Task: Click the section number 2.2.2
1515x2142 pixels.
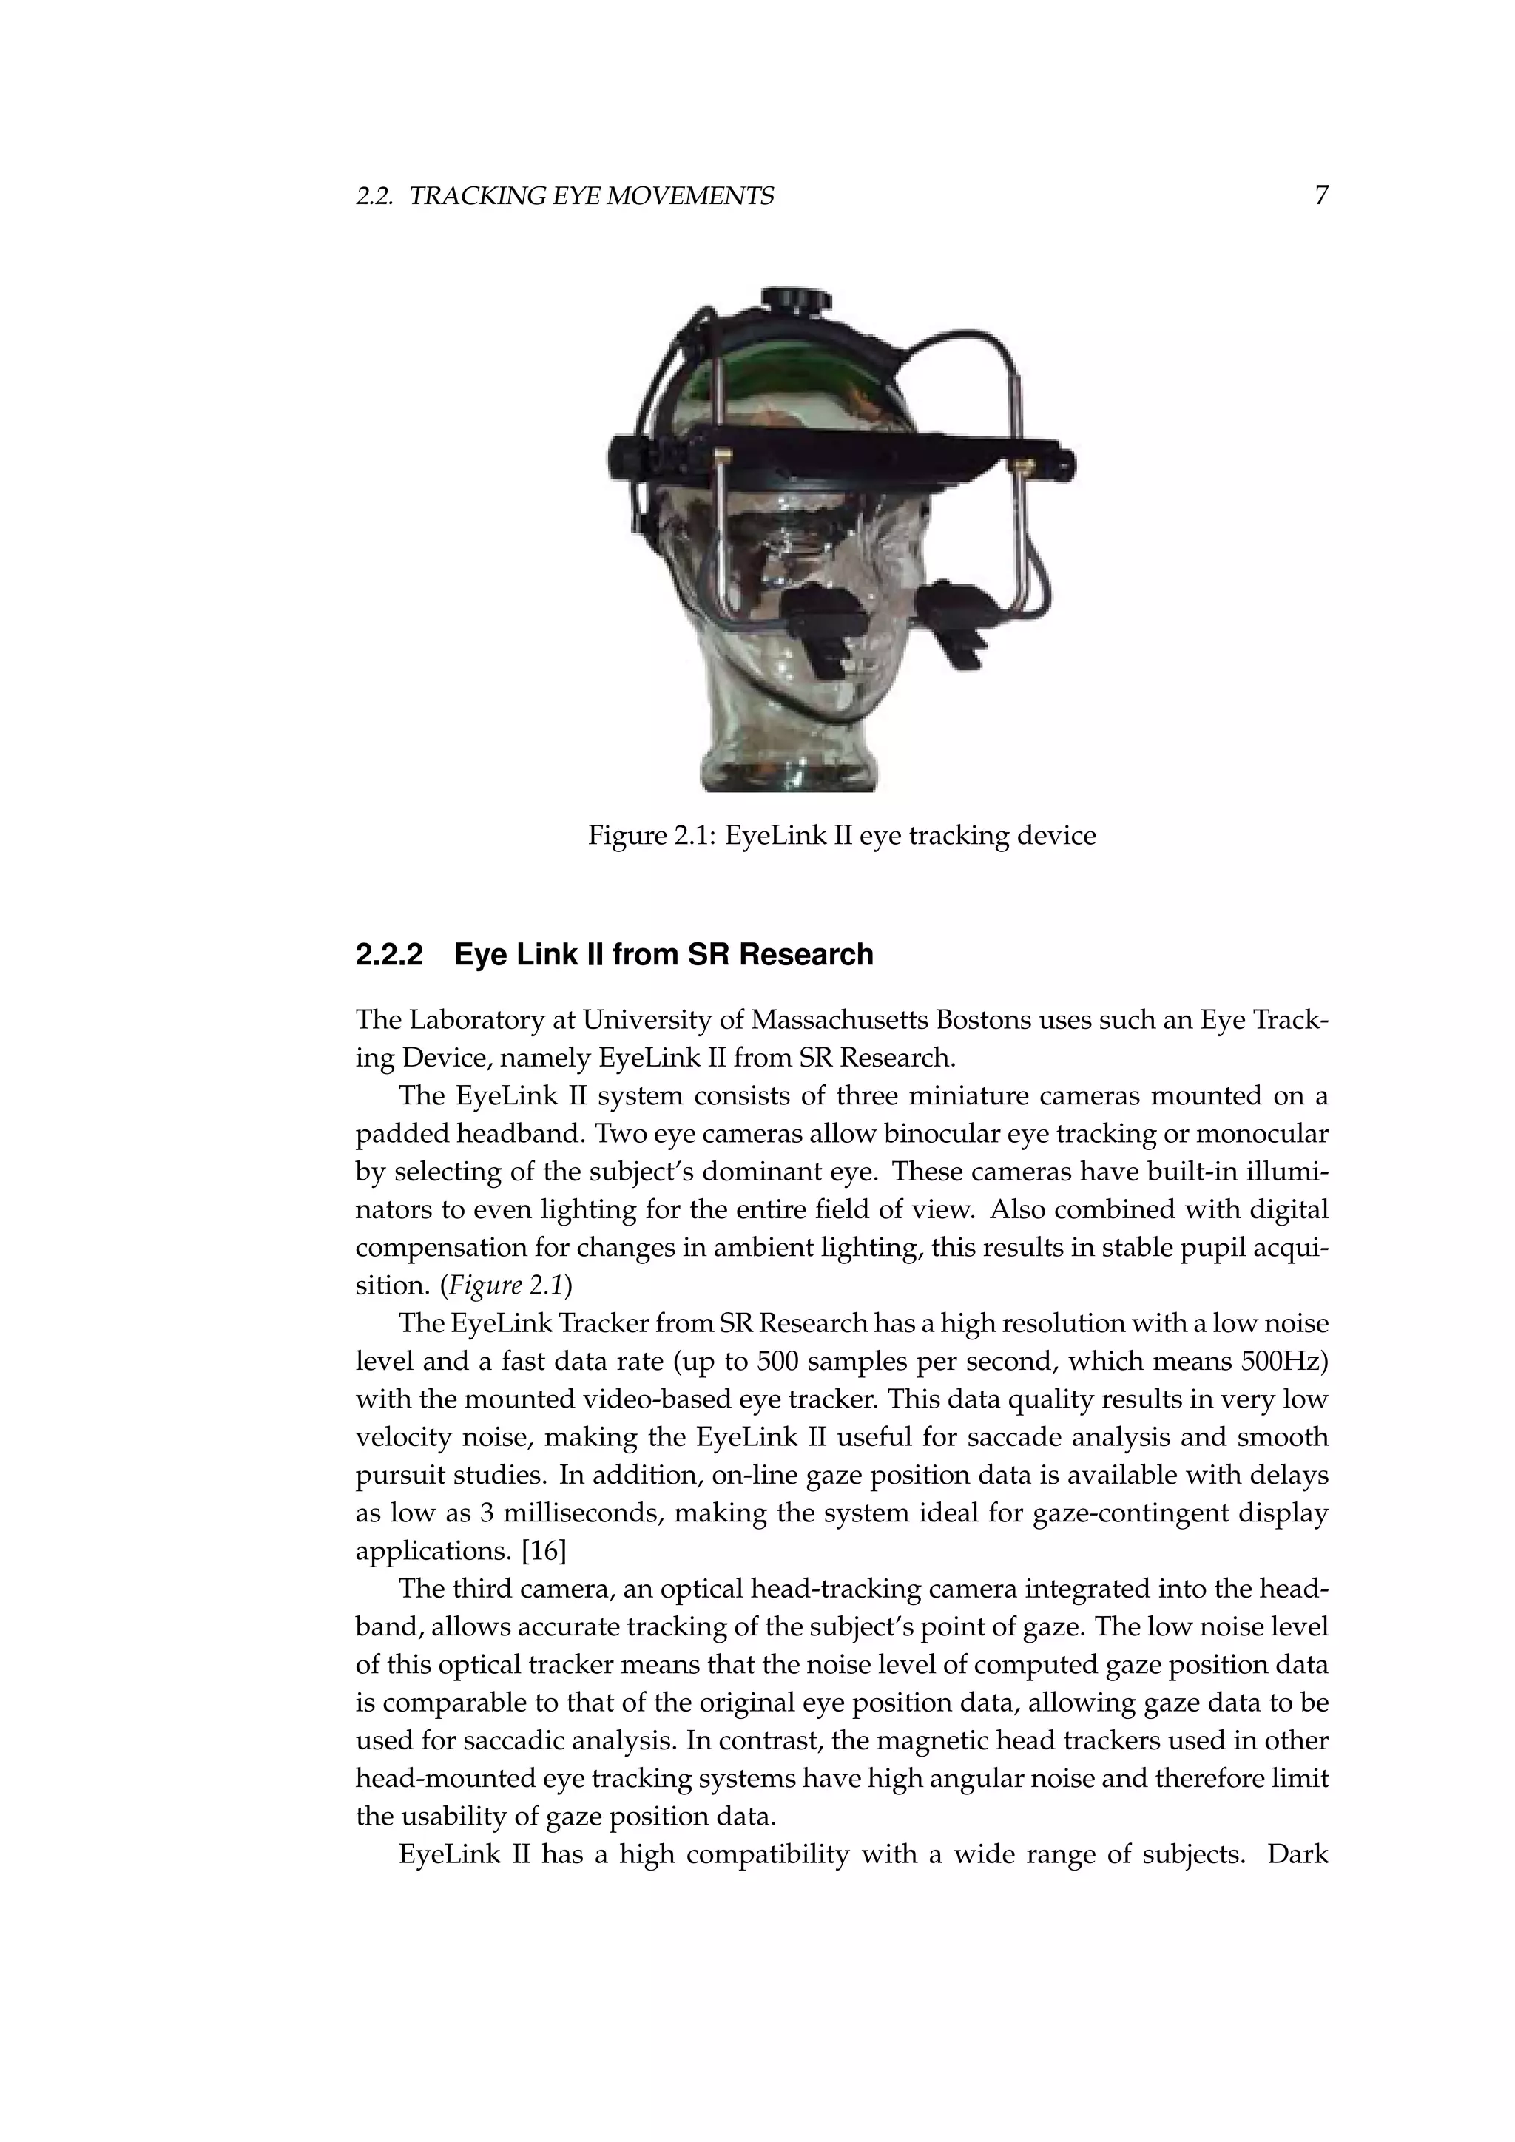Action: click(x=389, y=956)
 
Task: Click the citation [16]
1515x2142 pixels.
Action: click(x=544, y=1552)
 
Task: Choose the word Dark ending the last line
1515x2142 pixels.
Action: click(x=1298, y=1855)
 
